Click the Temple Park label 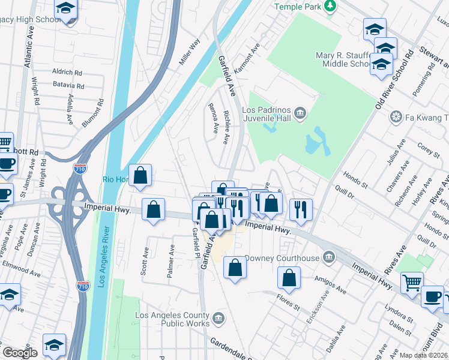[297, 7]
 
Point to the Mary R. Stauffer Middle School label [341, 60]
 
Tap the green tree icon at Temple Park [330, 6]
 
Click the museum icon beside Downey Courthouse [328, 258]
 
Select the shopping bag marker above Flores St [289, 277]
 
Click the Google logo [19, 353]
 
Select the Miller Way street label [189, 52]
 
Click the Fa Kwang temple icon [396, 116]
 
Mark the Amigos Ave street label [331, 285]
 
